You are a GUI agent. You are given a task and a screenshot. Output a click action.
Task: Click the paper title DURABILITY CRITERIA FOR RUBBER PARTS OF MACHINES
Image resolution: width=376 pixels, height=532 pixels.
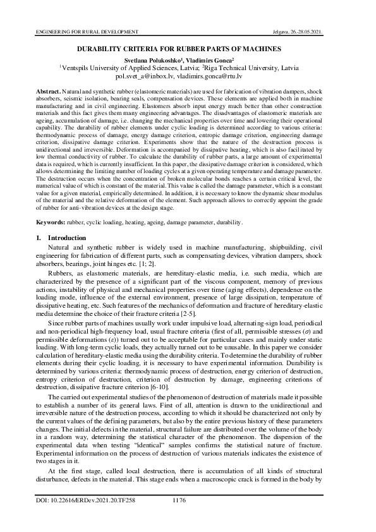[188, 48]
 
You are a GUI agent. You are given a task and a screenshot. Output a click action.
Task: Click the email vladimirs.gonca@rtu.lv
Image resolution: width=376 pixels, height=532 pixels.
[220, 75]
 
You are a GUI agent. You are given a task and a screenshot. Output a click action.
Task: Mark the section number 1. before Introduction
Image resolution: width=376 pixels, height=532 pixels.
[38, 238]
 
